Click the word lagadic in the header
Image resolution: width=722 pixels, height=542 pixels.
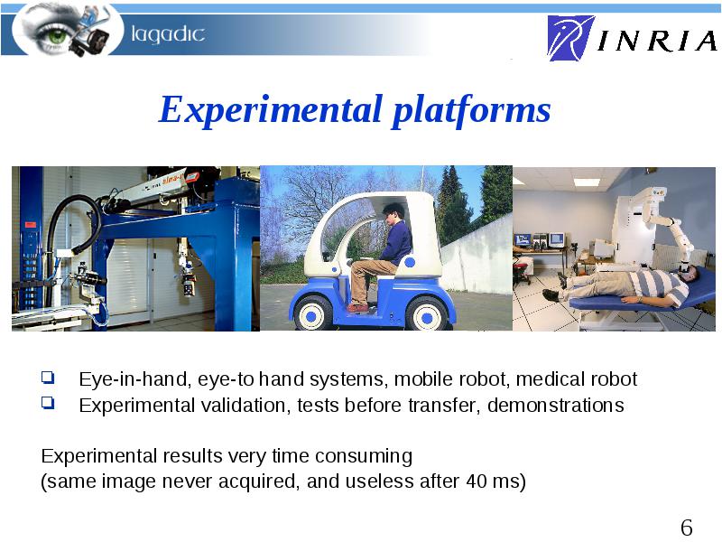click(x=168, y=34)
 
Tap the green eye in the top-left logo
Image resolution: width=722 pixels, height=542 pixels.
click(x=56, y=35)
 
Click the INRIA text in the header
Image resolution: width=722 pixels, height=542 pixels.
click(x=657, y=41)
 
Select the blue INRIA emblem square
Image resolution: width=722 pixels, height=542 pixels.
click(x=570, y=38)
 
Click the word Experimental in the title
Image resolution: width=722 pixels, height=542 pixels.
click(x=270, y=109)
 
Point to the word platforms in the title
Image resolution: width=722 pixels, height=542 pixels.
click(x=471, y=109)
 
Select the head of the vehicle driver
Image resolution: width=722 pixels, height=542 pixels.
click(x=394, y=213)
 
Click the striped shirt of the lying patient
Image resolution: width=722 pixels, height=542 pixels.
click(x=657, y=285)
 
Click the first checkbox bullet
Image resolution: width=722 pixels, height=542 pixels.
click(x=48, y=378)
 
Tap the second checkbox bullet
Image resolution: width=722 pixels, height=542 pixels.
click(x=48, y=402)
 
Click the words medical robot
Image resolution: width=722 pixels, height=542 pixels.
click(x=577, y=378)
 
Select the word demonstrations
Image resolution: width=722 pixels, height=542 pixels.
click(x=556, y=405)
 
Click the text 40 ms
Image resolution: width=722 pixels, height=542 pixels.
click(x=493, y=481)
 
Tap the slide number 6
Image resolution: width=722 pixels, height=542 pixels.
click(x=686, y=528)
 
